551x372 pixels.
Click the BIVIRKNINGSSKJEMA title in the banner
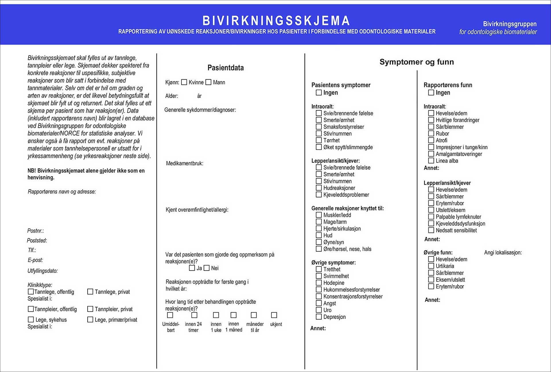276,21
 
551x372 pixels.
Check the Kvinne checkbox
184,82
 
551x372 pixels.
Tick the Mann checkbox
208,82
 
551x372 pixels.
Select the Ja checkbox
192,268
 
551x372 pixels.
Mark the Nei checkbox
207,268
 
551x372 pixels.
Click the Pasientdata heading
226,68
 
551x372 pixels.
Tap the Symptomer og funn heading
416,62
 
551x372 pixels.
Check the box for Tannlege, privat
90,292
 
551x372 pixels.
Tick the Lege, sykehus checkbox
31,319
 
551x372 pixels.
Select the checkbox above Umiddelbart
170,315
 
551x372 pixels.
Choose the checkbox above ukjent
274,315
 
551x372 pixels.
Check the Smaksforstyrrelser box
319,127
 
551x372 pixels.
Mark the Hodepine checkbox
319,283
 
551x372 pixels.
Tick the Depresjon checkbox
319,317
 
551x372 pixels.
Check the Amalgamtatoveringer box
431,154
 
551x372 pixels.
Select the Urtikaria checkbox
431,266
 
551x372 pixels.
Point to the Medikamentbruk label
185,164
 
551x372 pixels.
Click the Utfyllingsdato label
42,271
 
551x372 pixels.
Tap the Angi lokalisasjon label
503,253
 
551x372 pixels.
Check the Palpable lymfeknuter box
431,217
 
